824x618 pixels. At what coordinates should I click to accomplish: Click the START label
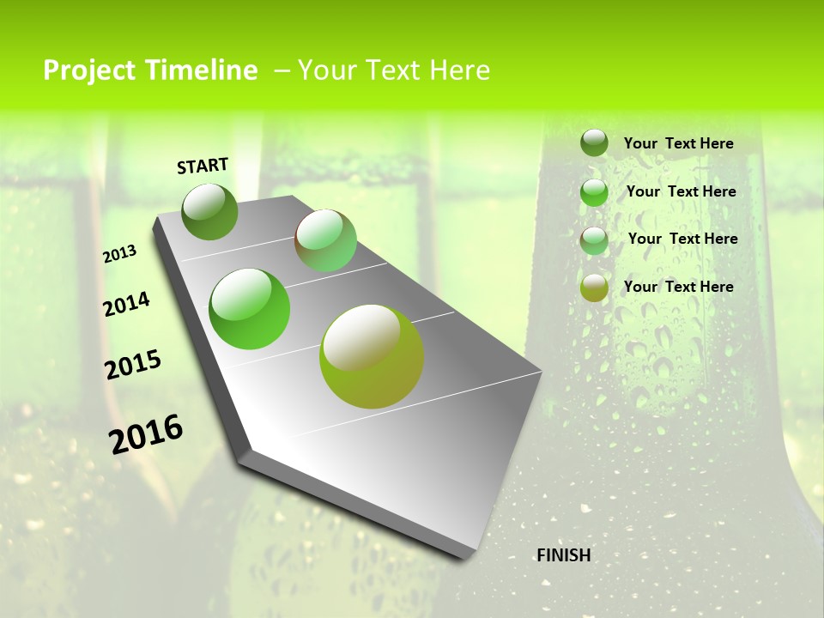coord(203,166)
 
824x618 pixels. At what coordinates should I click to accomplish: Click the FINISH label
coord(563,555)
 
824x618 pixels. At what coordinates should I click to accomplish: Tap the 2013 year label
coord(120,254)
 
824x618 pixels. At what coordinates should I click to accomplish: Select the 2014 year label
coord(127,305)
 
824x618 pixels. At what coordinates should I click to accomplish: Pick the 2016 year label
coord(146,433)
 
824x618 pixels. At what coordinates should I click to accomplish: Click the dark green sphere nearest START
coord(209,211)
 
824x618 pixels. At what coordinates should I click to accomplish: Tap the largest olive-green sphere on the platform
coord(371,356)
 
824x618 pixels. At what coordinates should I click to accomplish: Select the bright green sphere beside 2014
coord(249,309)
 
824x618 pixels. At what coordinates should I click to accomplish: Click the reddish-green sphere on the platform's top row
coord(325,240)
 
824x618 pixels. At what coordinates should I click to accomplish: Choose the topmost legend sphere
coord(594,142)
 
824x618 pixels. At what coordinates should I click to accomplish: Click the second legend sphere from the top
coord(594,192)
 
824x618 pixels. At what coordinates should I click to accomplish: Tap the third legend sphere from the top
coord(594,240)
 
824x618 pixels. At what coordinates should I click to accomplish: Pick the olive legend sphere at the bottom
coord(594,288)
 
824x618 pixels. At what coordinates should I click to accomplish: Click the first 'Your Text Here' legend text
coord(678,143)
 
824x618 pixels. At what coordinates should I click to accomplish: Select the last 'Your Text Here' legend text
coord(678,287)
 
